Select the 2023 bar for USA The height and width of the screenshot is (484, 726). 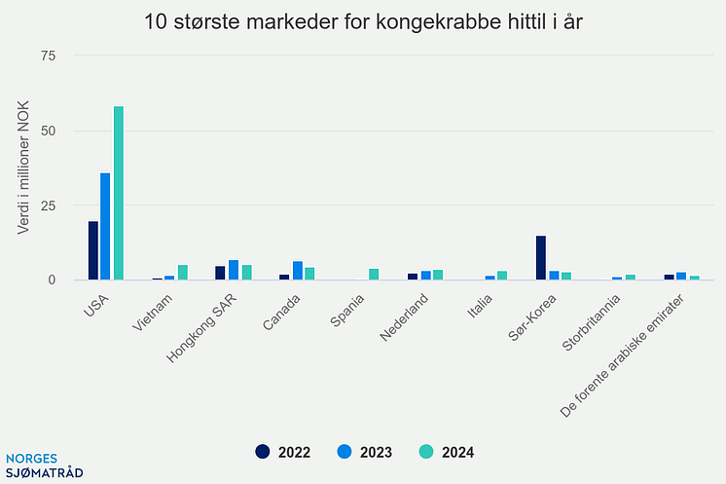(105, 226)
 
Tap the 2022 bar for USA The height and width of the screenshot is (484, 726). (92, 250)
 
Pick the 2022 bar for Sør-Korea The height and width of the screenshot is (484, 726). (540, 258)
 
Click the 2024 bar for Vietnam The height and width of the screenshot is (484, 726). (182, 273)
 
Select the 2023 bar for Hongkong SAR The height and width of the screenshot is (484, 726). (234, 270)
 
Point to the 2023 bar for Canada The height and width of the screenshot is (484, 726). (297, 271)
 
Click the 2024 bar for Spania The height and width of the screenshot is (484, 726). (374, 275)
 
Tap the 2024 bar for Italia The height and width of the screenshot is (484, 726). (501, 276)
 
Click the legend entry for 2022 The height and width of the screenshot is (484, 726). (282, 452)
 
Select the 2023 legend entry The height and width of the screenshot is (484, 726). (364, 452)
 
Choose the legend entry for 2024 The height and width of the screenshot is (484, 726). (446, 452)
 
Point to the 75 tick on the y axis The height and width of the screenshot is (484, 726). (48, 56)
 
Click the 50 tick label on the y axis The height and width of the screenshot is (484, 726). (48, 130)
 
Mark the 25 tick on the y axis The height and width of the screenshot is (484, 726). (48, 205)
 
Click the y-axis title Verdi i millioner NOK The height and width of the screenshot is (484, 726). (23, 168)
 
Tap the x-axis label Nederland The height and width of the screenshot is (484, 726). (403, 317)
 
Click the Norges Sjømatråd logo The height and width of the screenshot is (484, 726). (45, 465)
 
